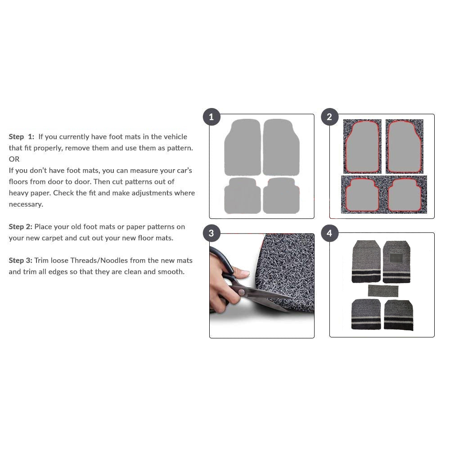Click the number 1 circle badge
pyautogui.click(x=211, y=117)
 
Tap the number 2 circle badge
pyautogui.click(x=329, y=117)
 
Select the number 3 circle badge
pyautogui.click(x=211, y=233)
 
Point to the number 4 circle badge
pyautogui.click(x=329, y=233)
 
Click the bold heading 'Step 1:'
pyautogui.click(x=22, y=137)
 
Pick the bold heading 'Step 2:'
pyautogui.click(x=20, y=227)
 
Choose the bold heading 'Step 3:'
pyautogui.click(x=20, y=261)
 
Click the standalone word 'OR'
pyautogui.click(x=14, y=159)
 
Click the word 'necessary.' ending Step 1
pyautogui.click(x=26, y=204)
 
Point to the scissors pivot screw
pyautogui.click(x=242, y=292)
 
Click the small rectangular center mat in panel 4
pyautogui.click(x=383, y=291)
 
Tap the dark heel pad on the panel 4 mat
pyautogui.click(x=396, y=258)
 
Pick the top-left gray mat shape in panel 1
pyautogui.click(x=243, y=147)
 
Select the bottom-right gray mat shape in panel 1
pyautogui.click(x=281, y=196)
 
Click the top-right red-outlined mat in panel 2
pyautogui.click(x=405, y=147)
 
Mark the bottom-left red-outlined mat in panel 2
pyautogui.click(x=362, y=195)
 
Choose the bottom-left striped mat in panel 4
pyautogui.click(x=366, y=314)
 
